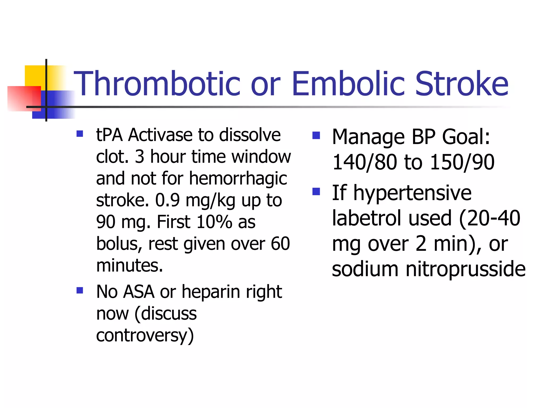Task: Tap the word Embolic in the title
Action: pyautogui.click(x=348, y=84)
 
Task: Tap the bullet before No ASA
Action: pyautogui.click(x=80, y=290)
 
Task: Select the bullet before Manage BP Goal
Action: pyautogui.click(x=316, y=135)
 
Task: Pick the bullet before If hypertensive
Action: pyautogui.click(x=316, y=191)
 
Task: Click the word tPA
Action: pyautogui.click(x=109, y=135)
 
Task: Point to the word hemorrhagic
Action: pyautogui.click(x=238, y=178)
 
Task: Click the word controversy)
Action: pyautogui.click(x=145, y=335)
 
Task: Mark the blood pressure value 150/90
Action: pyautogui.click(x=462, y=162)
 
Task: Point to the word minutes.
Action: pyautogui.click(x=129, y=265)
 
